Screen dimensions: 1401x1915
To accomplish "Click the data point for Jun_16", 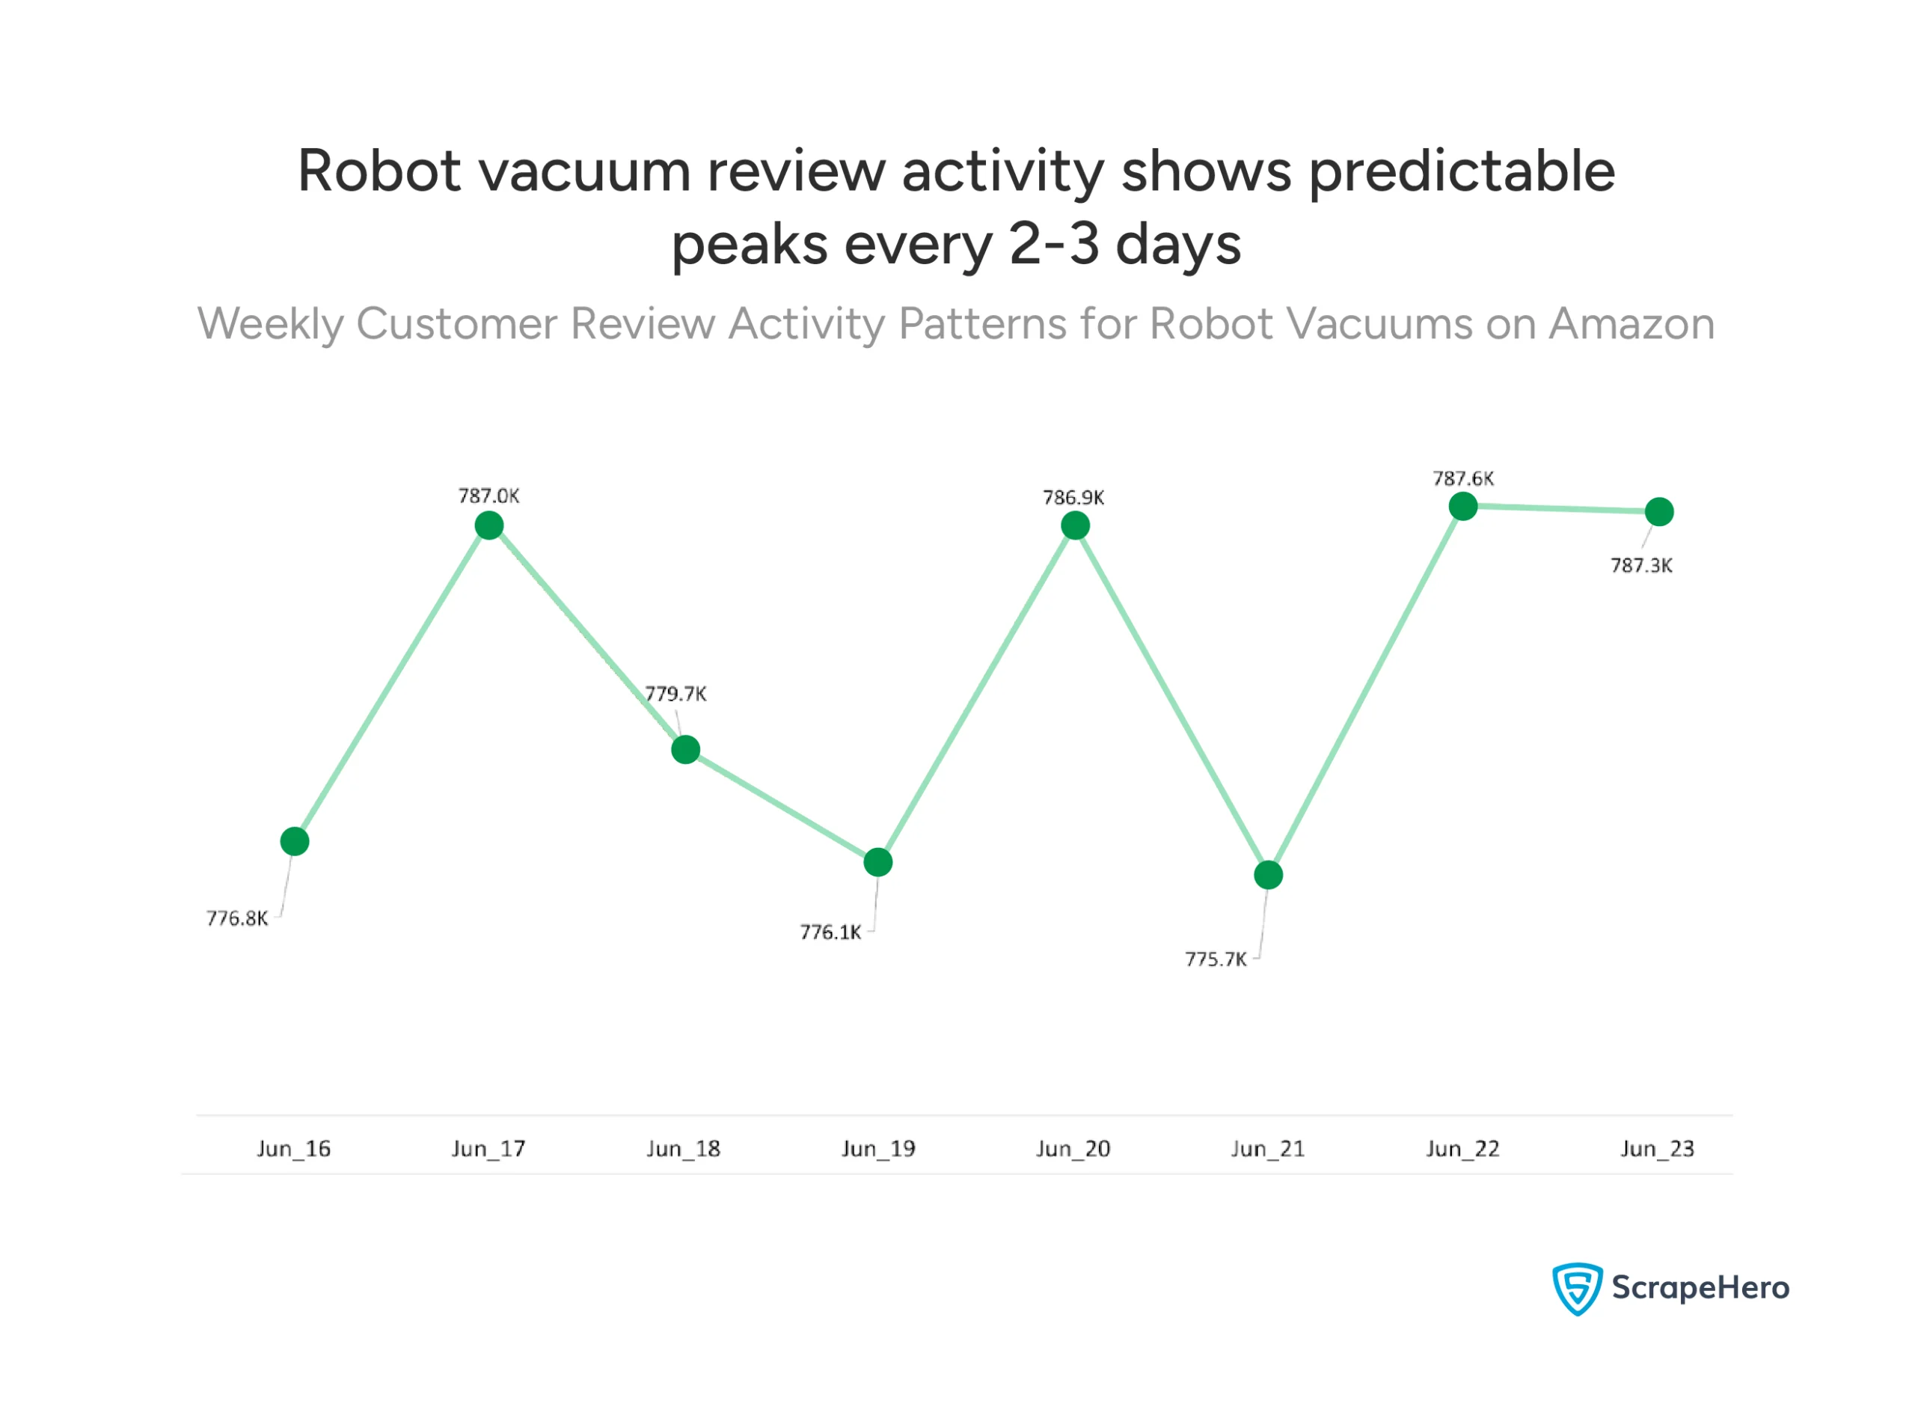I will pos(294,841).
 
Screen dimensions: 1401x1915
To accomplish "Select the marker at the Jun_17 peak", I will pos(489,526).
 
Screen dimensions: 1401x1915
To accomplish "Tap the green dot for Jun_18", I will pos(685,750).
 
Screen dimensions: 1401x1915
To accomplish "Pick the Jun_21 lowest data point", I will pos(1268,875).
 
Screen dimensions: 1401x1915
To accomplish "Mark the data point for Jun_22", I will pos(1463,507).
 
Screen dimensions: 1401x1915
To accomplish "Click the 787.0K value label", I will pos(489,496).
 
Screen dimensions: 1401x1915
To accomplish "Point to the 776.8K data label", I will pos(237,918).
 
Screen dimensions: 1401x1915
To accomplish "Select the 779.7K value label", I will pos(675,694).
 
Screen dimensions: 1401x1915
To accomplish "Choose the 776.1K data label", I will pos(831,933).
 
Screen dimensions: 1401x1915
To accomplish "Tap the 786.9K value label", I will pos(1073,498).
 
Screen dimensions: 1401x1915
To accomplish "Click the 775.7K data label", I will pos(1216,960).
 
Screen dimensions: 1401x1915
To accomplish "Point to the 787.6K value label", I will pos(1463,478).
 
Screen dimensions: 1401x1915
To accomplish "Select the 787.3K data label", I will pos(1641,566).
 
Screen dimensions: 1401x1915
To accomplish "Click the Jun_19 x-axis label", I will pos(878,1149).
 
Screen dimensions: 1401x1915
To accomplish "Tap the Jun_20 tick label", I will pos(1073,1149).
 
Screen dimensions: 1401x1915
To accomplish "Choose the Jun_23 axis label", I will pos(1657,1149).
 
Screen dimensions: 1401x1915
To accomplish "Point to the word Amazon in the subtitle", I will pos(1631,324).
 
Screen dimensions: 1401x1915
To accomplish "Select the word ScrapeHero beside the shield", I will pos(1700,1288).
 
